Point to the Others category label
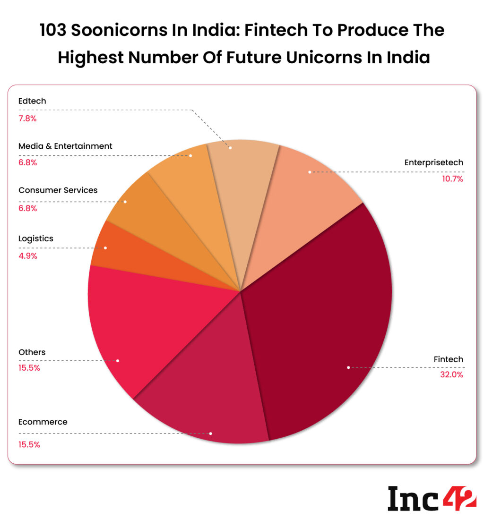coord(32,352)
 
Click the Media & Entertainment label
coord(65,146)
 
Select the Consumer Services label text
coord(58,190)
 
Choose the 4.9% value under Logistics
coord(27,256)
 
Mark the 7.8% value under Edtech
coord(27,119)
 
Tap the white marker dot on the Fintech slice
coord(348,367)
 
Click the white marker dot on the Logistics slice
coord(105,248)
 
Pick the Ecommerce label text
coord(43,422)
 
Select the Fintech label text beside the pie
coord(449,359)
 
